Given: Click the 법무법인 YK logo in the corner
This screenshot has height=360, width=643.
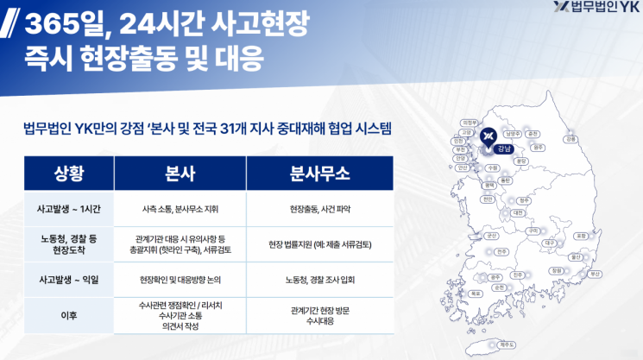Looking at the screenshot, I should (x=594, y=10).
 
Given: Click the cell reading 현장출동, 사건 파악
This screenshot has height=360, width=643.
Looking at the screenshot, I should (x=319, y=209).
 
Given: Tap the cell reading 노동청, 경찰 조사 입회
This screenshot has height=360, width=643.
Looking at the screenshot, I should (x=319, y=280).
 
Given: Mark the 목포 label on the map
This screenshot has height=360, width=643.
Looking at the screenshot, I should (x=476, y=293).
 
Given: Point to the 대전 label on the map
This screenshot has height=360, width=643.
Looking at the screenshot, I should (x=518, y=212).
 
